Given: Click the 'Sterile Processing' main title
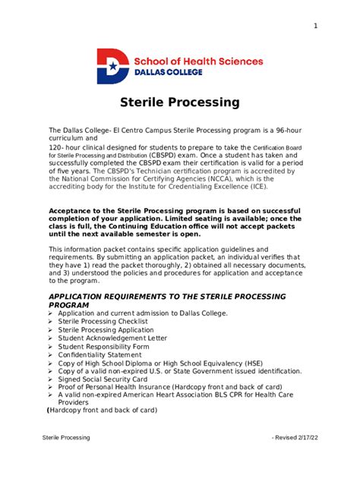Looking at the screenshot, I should pyautogui.click(x=180, y=102).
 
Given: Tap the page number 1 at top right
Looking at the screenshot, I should pyautogui.click(x=314, y=27).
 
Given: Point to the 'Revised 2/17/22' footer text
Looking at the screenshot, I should pyautogui.click(x=292, y=438).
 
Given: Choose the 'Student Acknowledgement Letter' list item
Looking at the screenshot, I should pyautogui.click(x=112, y=338).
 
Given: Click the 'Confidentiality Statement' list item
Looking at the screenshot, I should pyautogui.click(x=103, y=355).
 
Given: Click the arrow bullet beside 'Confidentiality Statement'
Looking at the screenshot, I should pyautogui.click(x=51, y=355).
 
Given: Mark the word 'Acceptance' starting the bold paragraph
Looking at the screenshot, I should pyautogui.click(x=74, y=210).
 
